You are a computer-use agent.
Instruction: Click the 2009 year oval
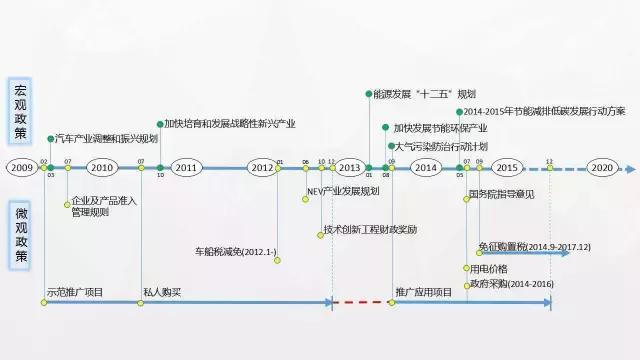point(22,167)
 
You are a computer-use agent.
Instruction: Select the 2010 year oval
point(103,167)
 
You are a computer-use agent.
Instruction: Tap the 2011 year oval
point(186,167)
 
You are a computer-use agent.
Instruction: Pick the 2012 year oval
point(262,167)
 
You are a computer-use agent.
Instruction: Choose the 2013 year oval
point(349,167)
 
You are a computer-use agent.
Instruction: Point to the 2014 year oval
point(425,167)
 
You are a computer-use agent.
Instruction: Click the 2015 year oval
point(507,167)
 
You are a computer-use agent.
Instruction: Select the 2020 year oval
point(601,167)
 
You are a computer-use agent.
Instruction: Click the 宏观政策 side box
point(21,110)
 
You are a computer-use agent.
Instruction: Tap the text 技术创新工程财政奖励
point(370,229)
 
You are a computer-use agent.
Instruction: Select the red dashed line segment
point(359,301)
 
